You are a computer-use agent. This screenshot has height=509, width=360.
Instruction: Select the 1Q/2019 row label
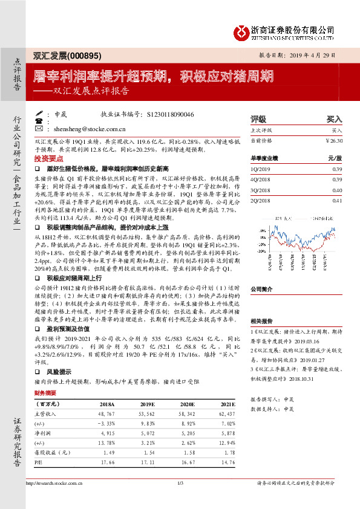tap(260, 169)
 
